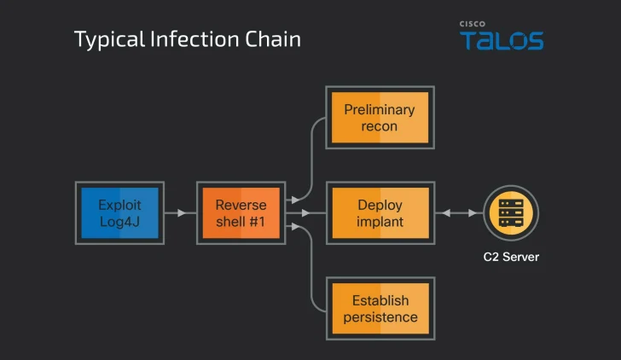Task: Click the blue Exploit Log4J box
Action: (119, 212)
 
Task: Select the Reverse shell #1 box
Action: (241, 212)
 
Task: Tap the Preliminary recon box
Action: (380, 118)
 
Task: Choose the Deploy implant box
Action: (380, 213)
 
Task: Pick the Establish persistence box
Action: (380, 309)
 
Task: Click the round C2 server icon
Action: (511, 212)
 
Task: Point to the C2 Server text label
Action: (511, 257)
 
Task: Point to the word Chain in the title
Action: (274, 39)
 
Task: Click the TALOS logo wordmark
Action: (502, 41)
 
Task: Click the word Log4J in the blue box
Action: (119, 222)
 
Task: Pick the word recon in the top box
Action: (380, 126)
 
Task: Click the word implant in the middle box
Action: (380, 222)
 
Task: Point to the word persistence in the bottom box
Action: (380, 317)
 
